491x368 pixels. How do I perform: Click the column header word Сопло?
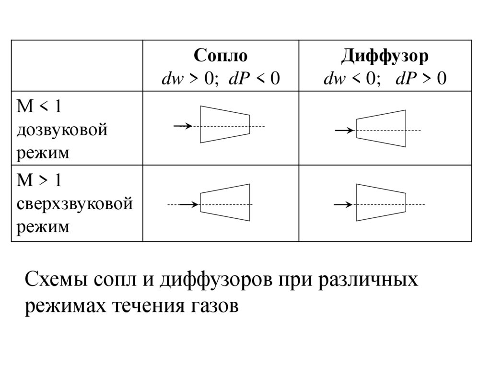(221, 56)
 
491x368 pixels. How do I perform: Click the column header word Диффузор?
(385, 56)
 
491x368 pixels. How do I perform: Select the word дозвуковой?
(62, 130)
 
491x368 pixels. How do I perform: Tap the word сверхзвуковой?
(74, 203)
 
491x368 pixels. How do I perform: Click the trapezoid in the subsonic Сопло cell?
(225, 124)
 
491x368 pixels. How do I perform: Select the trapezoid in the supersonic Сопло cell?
(225, 202)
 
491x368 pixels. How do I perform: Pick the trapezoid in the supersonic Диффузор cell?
(381, 202)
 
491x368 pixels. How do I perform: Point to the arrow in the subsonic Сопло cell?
(182, 126)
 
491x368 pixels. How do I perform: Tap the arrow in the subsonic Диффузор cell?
(344, 131)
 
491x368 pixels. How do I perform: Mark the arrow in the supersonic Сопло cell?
(188, 205)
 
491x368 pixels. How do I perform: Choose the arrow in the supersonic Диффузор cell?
(343, 205)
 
